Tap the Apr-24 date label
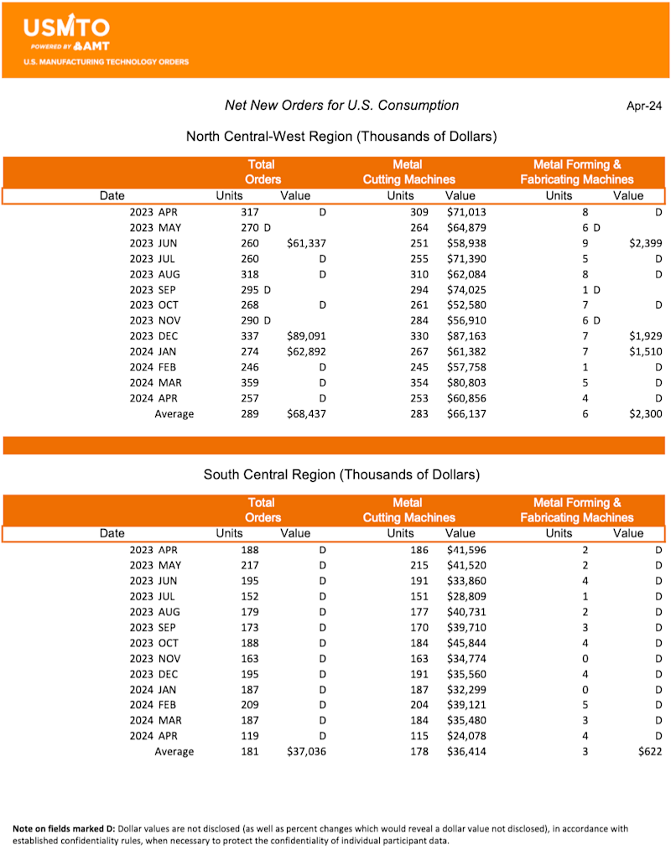click(x=643, y=106)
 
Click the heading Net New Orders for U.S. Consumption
click(x=341, y=106)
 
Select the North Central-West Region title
click(x=341, y=136)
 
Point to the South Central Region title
click(x=341, y=474)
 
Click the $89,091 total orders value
click(x=306, y=336)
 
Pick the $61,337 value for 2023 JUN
click(x=306, y=243)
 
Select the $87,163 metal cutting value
click(x=466, y=336)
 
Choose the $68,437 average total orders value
click(x=306, y=414)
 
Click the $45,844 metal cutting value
click(x=466, y=643)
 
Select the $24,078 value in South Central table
click(x=466, y=736)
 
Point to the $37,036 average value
click(x=306, y=752)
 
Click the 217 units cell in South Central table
click(x=250, y=565)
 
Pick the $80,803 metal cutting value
click(x=466, y=382)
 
